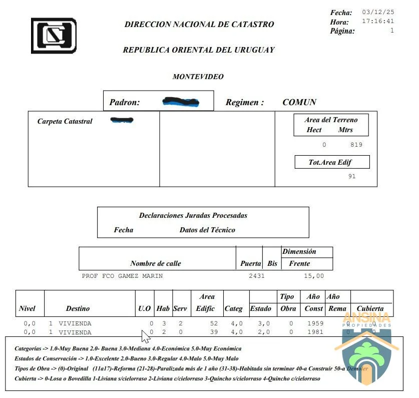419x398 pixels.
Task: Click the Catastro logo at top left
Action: tap(54, 36)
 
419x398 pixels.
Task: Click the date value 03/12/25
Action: tap(378, 12)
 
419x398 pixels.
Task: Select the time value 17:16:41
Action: tap(378, 22)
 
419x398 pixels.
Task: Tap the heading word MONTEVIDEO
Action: tap(198, 77)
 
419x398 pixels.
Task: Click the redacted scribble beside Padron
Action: tap(181, 102)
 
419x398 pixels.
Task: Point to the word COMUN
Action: tap(299, 102)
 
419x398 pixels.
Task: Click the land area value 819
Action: tap(356, 145)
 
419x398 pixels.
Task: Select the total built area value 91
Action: tap(352, 176)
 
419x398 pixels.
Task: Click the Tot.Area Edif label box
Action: tap(332, 162)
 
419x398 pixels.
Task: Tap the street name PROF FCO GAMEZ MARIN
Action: tap(122, 276)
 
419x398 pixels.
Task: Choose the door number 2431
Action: tap(256, 276)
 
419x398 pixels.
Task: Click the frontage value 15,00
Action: tap(314, 276)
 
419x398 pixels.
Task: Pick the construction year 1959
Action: tap(315, 323)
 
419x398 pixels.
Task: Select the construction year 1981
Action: tap(315, 332)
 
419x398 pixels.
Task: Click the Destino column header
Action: tap(78, 309)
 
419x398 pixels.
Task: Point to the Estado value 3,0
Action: tap(263, 323)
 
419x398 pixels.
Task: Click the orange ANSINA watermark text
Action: tap(366, 318)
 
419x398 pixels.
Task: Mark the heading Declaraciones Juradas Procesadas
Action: tap(193, 216)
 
